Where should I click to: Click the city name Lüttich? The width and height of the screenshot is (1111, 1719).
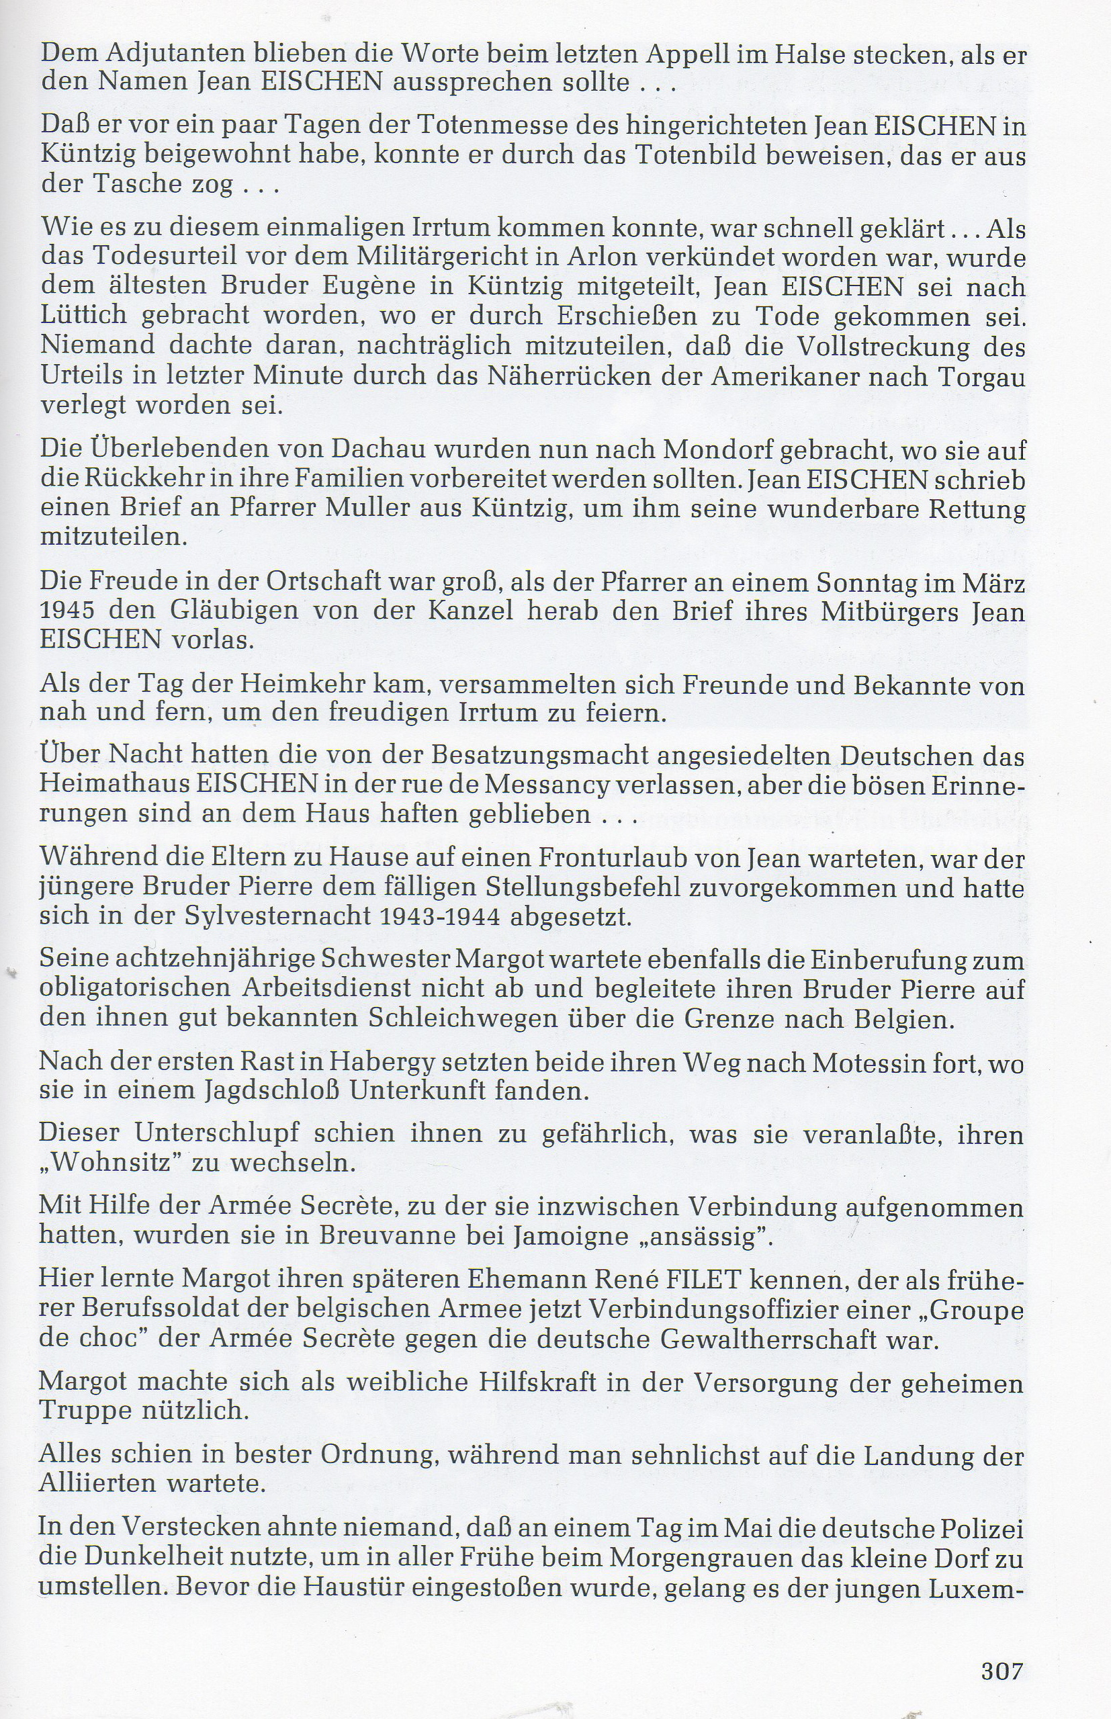pos(84,316)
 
